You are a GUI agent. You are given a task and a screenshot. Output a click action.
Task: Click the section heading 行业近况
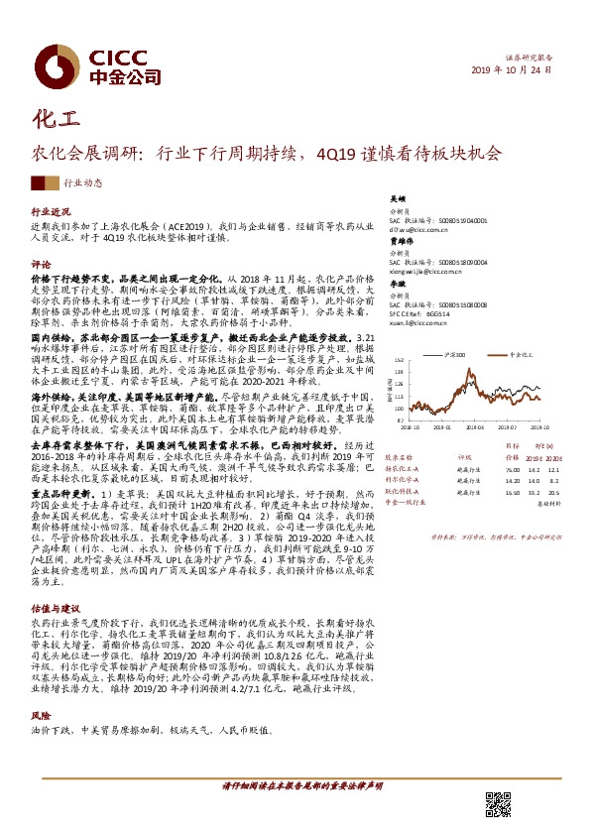pyautogui.click(x=52, y=212)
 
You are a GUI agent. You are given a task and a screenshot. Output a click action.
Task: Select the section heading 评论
pyautogui.click(x=41, y=265)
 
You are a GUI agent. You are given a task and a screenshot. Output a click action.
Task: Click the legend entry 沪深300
pyautogui.click(x=457, y=353)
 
